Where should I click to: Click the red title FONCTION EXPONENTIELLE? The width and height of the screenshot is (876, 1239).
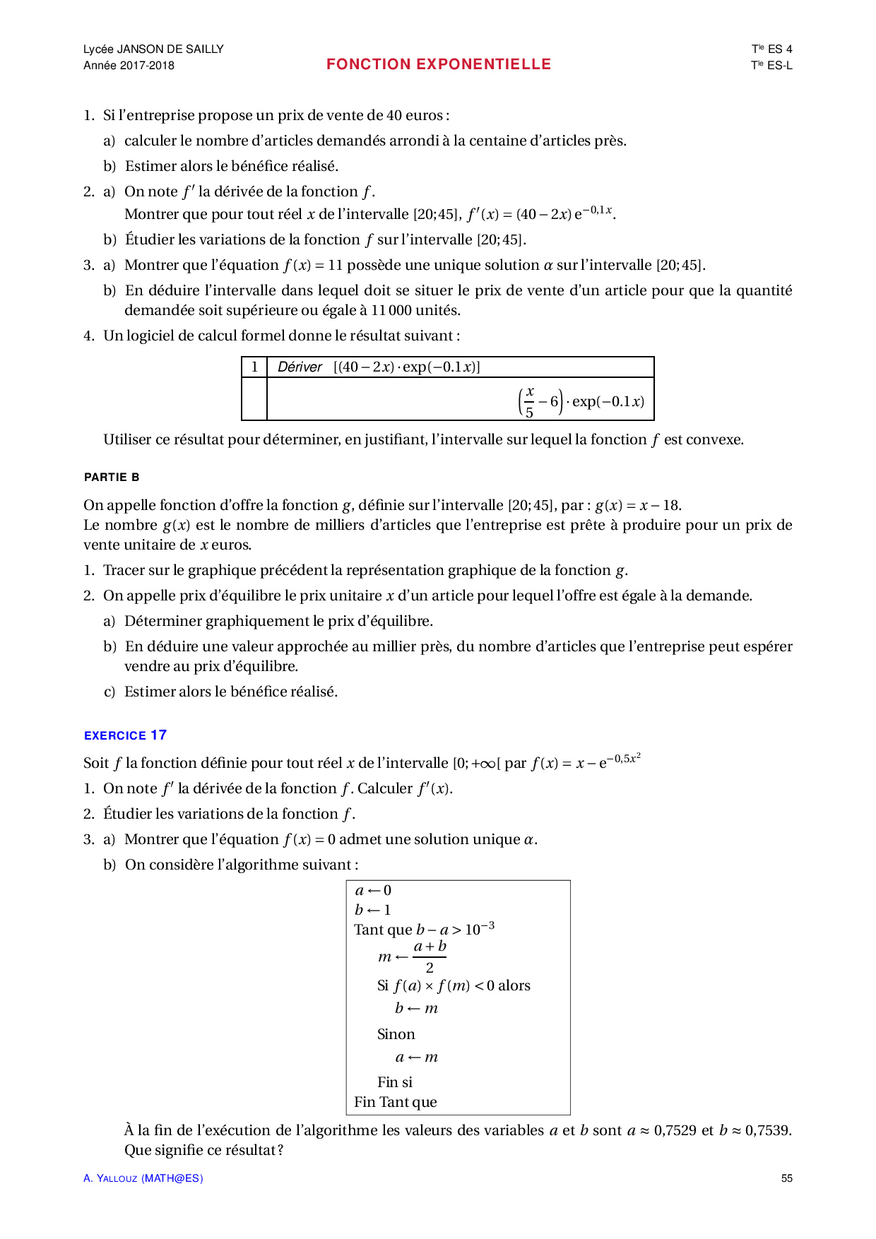click(x=438, y=64)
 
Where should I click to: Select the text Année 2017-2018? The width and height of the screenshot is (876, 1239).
click(x=129, y=66)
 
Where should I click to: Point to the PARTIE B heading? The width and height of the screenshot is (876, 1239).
click(x=112, y=478)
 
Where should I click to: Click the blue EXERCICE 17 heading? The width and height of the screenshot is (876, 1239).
click(x=125, y=735)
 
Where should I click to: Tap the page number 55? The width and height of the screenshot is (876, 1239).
click(x=786, y=1178)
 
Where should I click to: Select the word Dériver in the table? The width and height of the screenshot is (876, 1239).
click(x=300, y=367)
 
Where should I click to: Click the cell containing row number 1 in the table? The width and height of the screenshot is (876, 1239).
click(x=254, y=367)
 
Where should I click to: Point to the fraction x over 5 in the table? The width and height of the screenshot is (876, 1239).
click(x=529, y=401)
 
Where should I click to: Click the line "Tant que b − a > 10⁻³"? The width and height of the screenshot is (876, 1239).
click(x=424, y=929)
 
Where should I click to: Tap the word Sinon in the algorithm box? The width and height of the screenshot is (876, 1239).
click(x=396, y=1035)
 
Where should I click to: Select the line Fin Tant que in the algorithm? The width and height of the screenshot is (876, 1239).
click(x=395, y=1103)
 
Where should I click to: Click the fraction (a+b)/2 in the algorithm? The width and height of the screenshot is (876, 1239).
click(x=430, y=957)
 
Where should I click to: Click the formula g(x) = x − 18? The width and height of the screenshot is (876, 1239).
click(x=637, y=506)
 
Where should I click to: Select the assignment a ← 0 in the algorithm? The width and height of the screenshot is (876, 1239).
click(x=373, y=891)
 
